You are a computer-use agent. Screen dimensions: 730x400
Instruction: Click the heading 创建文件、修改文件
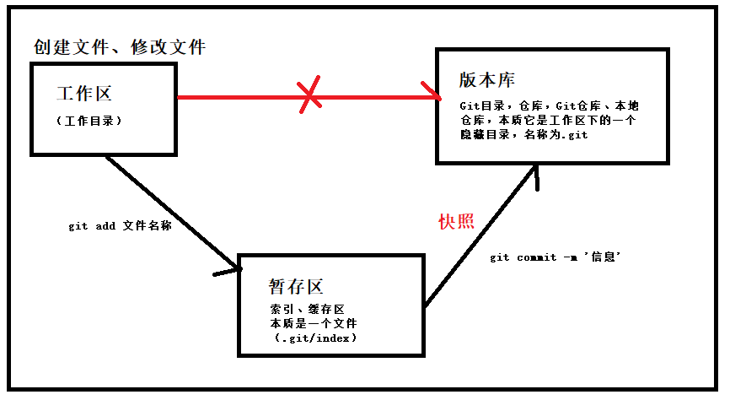click(120, 47)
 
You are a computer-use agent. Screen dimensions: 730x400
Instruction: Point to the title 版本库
click(487, 79)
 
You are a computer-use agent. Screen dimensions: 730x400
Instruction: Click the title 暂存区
click(296, 287)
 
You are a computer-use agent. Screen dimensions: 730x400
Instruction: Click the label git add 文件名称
click(120, 227)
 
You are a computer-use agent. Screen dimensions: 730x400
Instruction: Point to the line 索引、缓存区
click(307, 310)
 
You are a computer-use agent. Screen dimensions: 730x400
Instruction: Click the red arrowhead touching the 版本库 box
click(432, 92)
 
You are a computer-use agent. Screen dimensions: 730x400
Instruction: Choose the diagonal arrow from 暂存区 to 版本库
click(480, 236)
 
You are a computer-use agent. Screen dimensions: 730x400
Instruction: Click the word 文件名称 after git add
click(146, 227)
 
